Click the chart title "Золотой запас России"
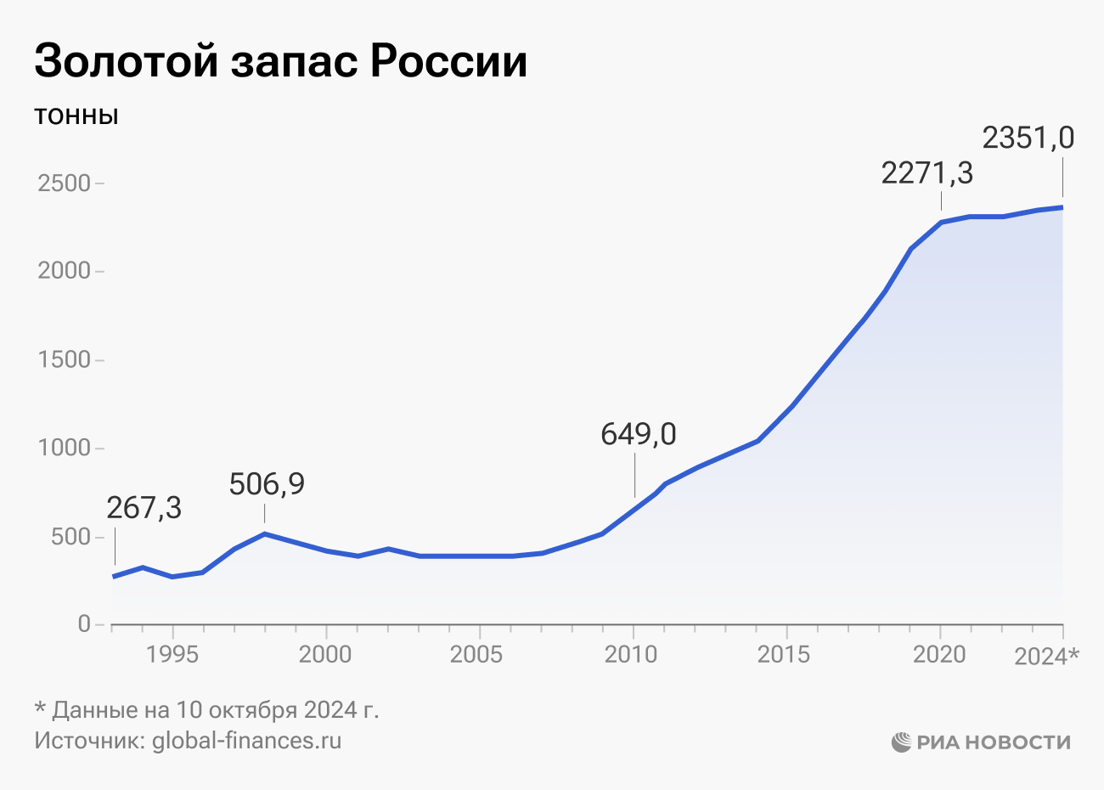pos(280,61)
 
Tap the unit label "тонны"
pos(76,116)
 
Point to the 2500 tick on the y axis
pos(64,183)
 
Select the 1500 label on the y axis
pos(64,359)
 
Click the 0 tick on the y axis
pos(83,624)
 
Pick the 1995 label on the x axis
pos(172,654)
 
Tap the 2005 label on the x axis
pos(480,654)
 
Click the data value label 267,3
pos(144,508)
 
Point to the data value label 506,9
pos(267,484)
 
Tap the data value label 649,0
pos(639,434)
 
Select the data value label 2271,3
pos(927,173)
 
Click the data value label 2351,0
pos(1028,138)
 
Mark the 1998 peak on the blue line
pos(265,533)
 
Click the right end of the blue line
pos(1062,207)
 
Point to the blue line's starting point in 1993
pos(115,577)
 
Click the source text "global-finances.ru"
pos(246,741)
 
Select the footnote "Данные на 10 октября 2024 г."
pos(216,710)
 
